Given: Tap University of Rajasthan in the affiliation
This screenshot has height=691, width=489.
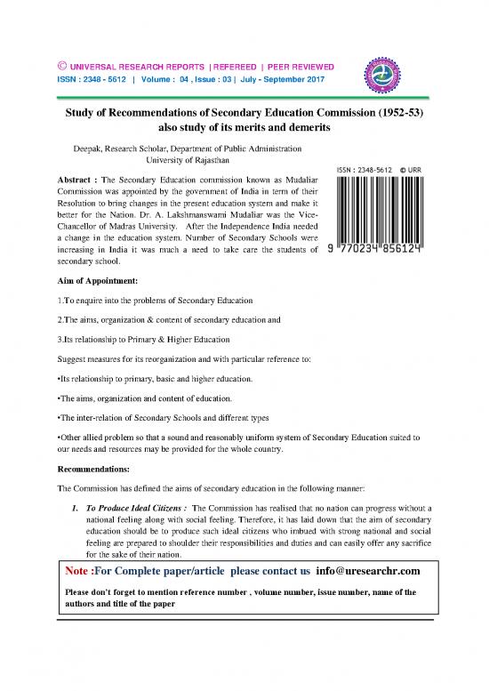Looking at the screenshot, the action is [188, 162].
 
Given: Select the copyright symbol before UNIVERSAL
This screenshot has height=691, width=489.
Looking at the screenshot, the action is [62, 67].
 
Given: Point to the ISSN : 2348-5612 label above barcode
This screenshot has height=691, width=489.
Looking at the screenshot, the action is [365, 169].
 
